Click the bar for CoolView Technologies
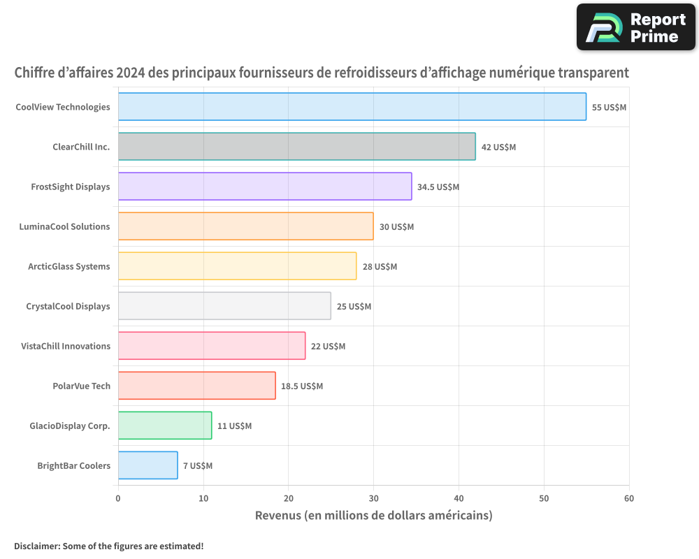[352, 107]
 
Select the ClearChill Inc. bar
[296, 147]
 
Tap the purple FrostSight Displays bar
[265, 187]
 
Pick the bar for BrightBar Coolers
[147, 465]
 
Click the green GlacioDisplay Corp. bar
[165, 426]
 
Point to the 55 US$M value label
[609, 108]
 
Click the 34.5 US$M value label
[438, 187]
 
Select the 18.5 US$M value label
[302, 386]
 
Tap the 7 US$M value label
[198, 466]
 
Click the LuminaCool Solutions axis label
[64, 226]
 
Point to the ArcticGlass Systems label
[69, 266]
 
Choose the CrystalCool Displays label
[68, 306]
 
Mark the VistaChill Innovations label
[66, 346]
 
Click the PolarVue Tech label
[81, 386]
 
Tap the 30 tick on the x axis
[373, 498]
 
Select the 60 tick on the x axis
[629, 498]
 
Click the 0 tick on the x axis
[118, 498]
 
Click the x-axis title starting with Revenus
[373, 516]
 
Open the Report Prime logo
[635, 27]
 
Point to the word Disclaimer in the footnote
[36, 546]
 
